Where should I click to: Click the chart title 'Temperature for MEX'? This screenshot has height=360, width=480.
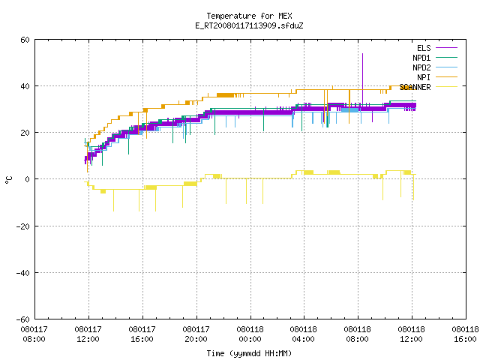coord(249,16)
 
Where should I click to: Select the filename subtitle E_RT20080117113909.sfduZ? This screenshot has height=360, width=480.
coord(249,25)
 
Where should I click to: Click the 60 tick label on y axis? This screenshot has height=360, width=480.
coord(25,40)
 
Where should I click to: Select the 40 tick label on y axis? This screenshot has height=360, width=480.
coord(25,86)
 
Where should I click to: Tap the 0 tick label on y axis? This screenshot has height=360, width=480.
coord(28,179)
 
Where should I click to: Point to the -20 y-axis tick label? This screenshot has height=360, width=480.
coord(23,226)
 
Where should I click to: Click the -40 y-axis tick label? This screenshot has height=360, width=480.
coord(23,273)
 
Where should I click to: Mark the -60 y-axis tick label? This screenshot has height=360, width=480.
coord(23,319)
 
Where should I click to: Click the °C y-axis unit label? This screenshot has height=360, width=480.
coord(9,180)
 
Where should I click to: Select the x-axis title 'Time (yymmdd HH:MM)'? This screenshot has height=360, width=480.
coord(249,353)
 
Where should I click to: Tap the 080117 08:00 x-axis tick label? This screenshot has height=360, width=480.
coord(34,334)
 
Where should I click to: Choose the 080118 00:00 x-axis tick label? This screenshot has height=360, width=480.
coord(250,334)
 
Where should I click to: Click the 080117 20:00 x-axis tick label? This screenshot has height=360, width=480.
coord(196,334)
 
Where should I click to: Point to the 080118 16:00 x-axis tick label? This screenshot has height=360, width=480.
coord(465,334)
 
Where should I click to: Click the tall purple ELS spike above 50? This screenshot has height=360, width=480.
coord(363,79)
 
